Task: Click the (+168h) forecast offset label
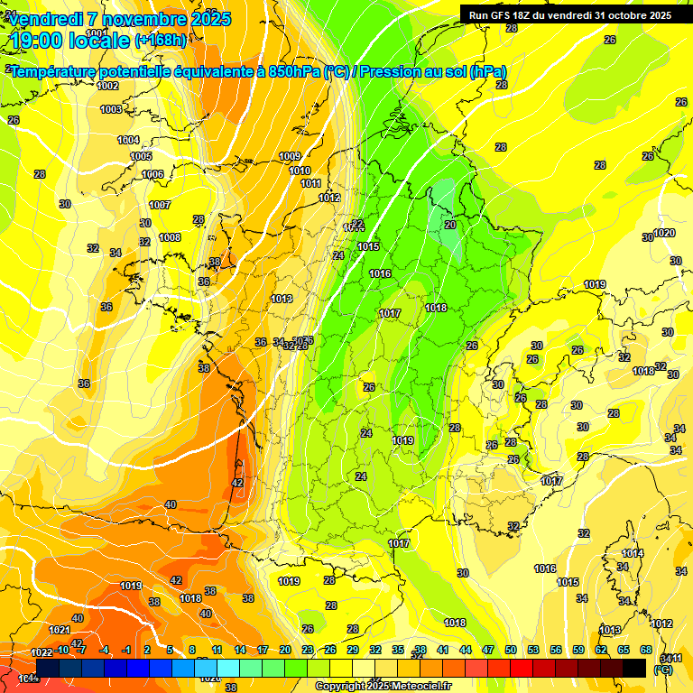click(x=161, y=40)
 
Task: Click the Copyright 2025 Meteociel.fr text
click(x=383, y=686)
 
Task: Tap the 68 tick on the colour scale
click(x=646, y=651)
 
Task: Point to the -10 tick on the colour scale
click(x=62, y=651)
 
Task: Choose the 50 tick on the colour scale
click(x=511, y=651)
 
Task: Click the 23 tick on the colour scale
click(x=307, y=651)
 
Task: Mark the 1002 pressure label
click(x=108, y=87)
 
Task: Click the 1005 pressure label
click(x=141, y=157)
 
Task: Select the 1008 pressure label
click(x=170, y=238)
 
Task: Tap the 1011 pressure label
click(x=310, y=183)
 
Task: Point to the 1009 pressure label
click(x=290, y=157)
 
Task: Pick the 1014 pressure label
click(x=633, y=553)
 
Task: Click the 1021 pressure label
click(x=60, y=630)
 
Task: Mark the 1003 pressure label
click(x=111, y=109)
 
